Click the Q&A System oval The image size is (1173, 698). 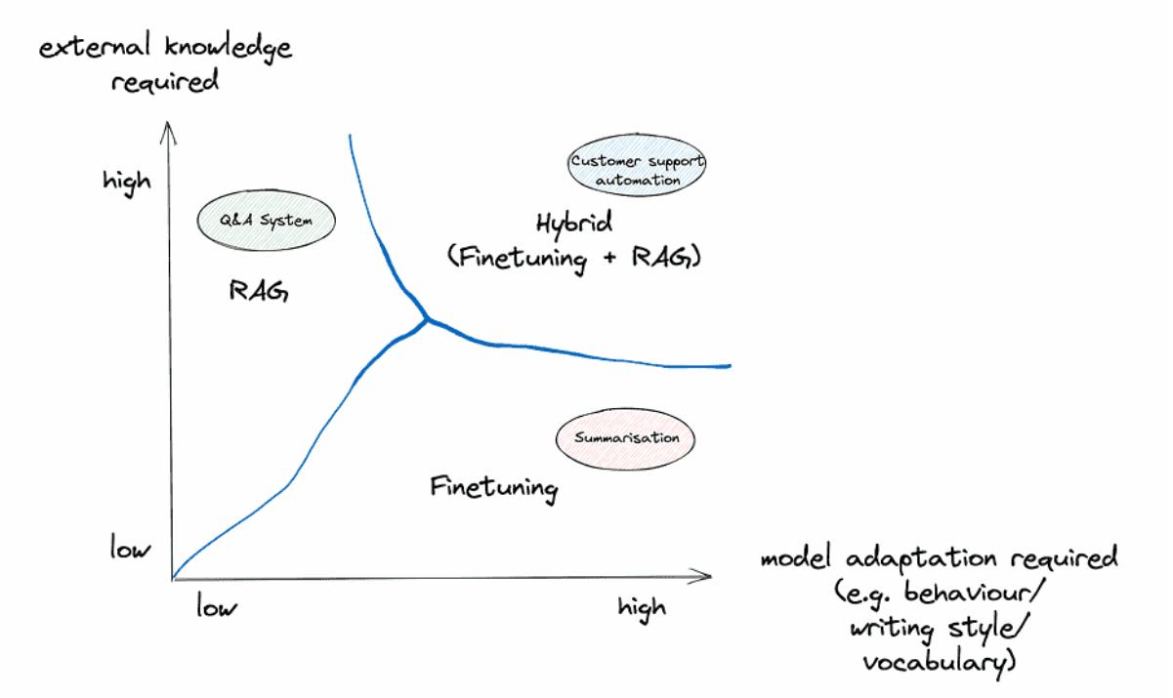(267, 221)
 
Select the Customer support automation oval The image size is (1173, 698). (637, 165)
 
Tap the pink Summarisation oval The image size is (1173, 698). (626, 439)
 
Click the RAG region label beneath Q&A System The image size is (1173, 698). (259, 291)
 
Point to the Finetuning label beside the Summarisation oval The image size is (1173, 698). (494, 489)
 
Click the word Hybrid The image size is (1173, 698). (574, 224)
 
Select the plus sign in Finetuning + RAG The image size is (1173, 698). (609, 258)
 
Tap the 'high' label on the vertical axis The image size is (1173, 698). (127, 183)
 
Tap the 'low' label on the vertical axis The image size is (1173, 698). (131, 548)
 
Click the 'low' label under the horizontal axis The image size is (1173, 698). (217, 606)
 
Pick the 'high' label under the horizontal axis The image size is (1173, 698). (642, 609)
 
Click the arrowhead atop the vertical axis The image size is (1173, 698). (168, 123)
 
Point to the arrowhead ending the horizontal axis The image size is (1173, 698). (711, 576)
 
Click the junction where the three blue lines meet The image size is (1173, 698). (429, 319)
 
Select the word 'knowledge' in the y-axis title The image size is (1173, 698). (229, 48)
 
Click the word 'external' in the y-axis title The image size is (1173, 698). (95, 47)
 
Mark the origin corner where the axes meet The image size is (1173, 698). (172, 579)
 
